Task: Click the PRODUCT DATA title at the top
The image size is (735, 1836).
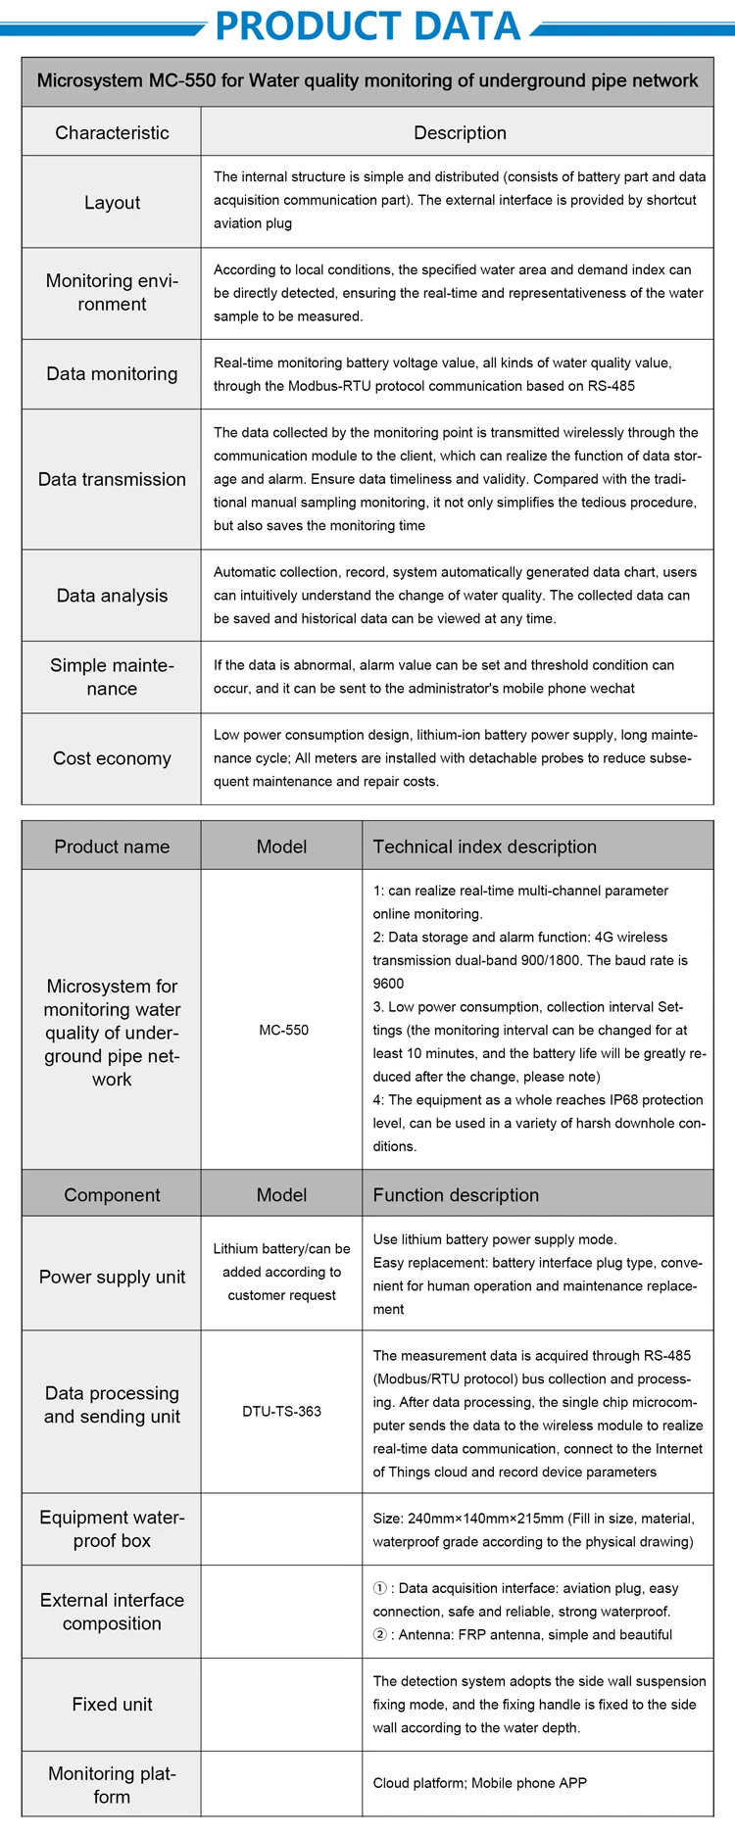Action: [367, 25]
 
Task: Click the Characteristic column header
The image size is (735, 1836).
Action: [112, 132]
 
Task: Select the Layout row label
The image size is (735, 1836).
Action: [112, 203]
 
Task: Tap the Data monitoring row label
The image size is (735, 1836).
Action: [112, 373]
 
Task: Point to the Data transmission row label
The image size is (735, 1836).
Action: [112, 479]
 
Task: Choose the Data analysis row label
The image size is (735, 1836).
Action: [112, 596]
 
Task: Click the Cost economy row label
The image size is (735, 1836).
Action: [112, 758]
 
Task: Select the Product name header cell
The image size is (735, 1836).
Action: [112, 846]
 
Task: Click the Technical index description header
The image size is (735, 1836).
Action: [484, 846]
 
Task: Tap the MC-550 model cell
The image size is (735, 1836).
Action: [283, 1030]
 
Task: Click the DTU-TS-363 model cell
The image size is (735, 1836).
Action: [282, 1411]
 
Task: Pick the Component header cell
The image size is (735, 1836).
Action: [112, 1195]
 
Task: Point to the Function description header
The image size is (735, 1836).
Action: [456, 1195]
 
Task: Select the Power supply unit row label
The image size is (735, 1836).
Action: [112, 1277]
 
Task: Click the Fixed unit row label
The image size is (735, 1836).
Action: [112, 1704]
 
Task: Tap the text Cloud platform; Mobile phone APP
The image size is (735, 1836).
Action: [479, 1782]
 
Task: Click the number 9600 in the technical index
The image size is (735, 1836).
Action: [388, 984]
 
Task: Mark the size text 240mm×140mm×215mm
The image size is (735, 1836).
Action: [485, 1519]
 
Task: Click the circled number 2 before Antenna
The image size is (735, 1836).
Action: [380, 1634]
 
